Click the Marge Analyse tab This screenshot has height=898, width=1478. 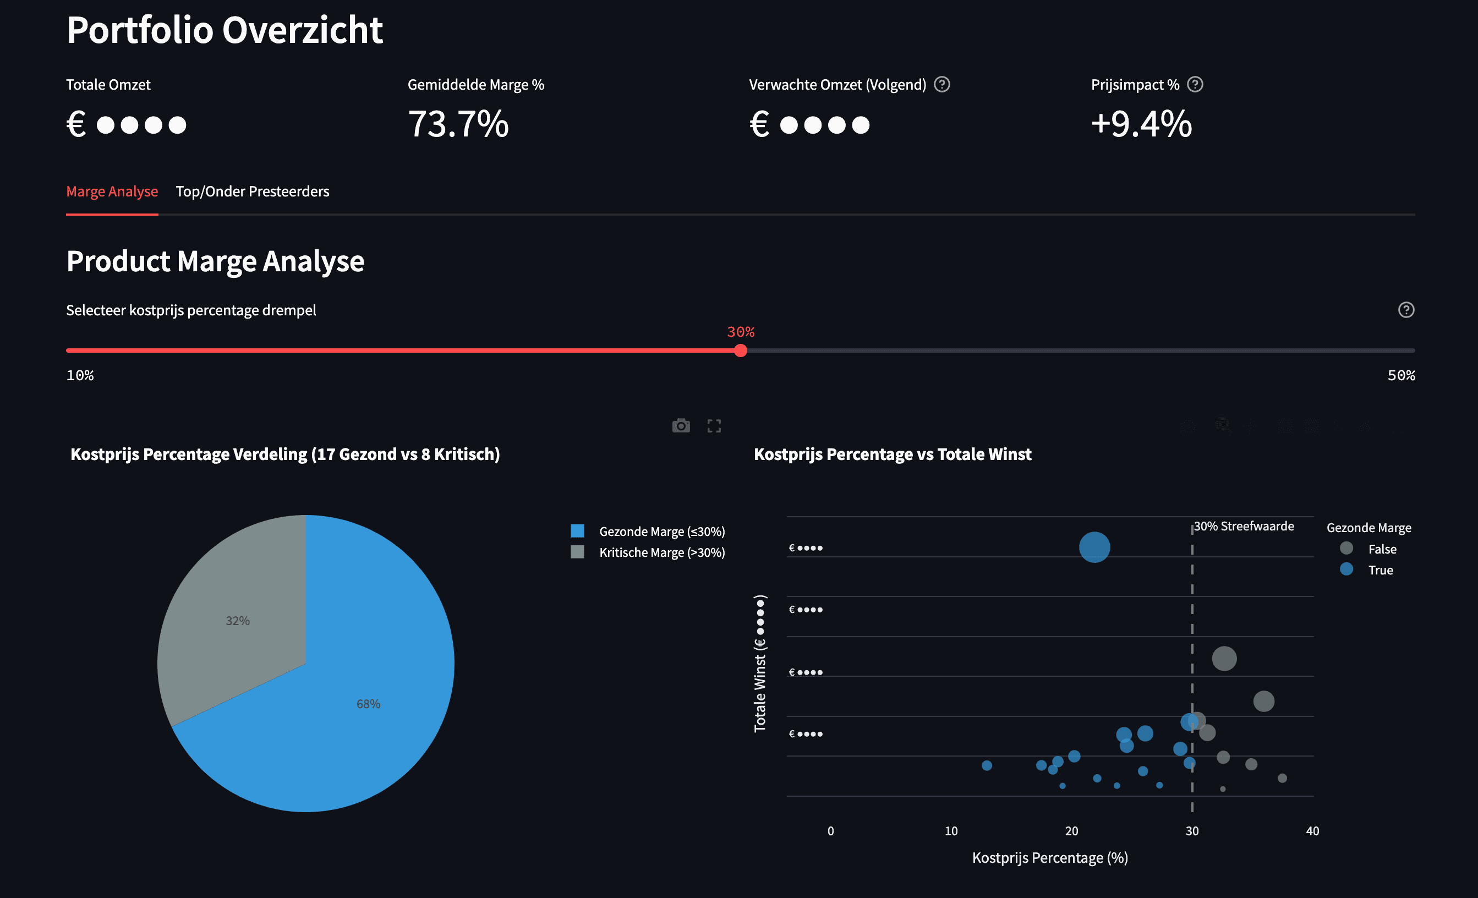pos(112,191)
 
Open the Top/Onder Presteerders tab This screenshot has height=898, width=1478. pos(252,191)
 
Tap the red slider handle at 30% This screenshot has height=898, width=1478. pos(740,351)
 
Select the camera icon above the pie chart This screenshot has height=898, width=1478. pos(681,426)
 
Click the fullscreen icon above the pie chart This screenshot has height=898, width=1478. pos(714,426)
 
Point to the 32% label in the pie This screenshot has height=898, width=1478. pos(238,621)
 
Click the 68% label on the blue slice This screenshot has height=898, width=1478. pos(368,704)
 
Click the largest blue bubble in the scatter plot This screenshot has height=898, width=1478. pos(1094,547)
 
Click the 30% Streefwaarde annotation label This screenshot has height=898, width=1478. pos(1244,526)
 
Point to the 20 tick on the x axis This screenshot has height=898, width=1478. pos(1071,831)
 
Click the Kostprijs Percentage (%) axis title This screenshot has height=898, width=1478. pos(1050,858)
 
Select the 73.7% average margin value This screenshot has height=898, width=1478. pos(458,124)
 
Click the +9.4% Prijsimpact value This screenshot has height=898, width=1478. pos(1141,124)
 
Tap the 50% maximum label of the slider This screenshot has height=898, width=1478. pos(1400,375)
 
